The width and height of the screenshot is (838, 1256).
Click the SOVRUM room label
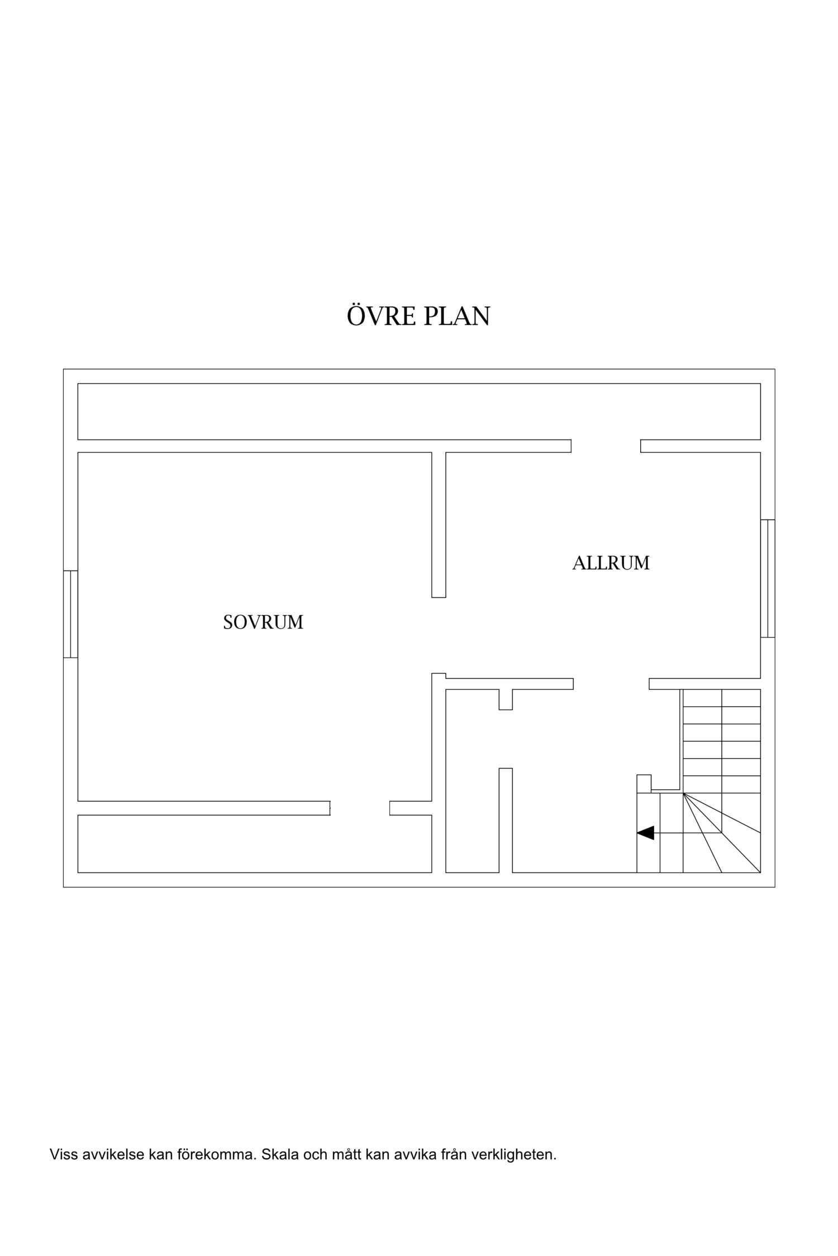[263, 622]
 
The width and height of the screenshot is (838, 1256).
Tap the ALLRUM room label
[611, 563]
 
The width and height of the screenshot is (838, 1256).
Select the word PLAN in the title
[456, 316]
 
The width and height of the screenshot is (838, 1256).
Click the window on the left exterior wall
[70, 614]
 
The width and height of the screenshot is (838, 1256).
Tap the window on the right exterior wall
[768, 578]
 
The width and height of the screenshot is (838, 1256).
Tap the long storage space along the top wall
[419, 411]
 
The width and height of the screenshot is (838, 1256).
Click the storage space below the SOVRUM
[255, 843]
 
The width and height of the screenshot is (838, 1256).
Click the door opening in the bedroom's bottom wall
[360, 808]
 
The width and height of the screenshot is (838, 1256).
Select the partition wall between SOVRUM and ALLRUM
[439, 525]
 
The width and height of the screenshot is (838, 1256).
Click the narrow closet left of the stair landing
[472, 782]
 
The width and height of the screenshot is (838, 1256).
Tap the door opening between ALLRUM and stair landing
[611, 684]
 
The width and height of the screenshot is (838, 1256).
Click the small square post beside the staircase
[644, 783]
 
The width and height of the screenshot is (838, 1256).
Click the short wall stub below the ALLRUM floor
[506, 699]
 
